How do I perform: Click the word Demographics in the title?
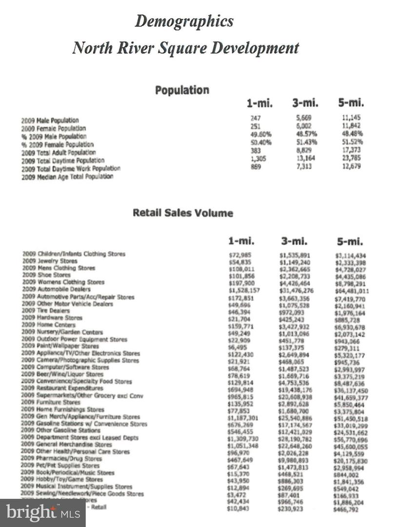click(184, 21)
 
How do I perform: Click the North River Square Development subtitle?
click(185, 48)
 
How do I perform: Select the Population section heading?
click(182, 90)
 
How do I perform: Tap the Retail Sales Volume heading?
click(183, 213)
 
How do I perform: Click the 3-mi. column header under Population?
click(305, 103)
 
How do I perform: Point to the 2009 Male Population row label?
click(50, 120)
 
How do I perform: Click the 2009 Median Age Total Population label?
click(67, 177)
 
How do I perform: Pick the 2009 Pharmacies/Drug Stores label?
click(62, 459)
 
